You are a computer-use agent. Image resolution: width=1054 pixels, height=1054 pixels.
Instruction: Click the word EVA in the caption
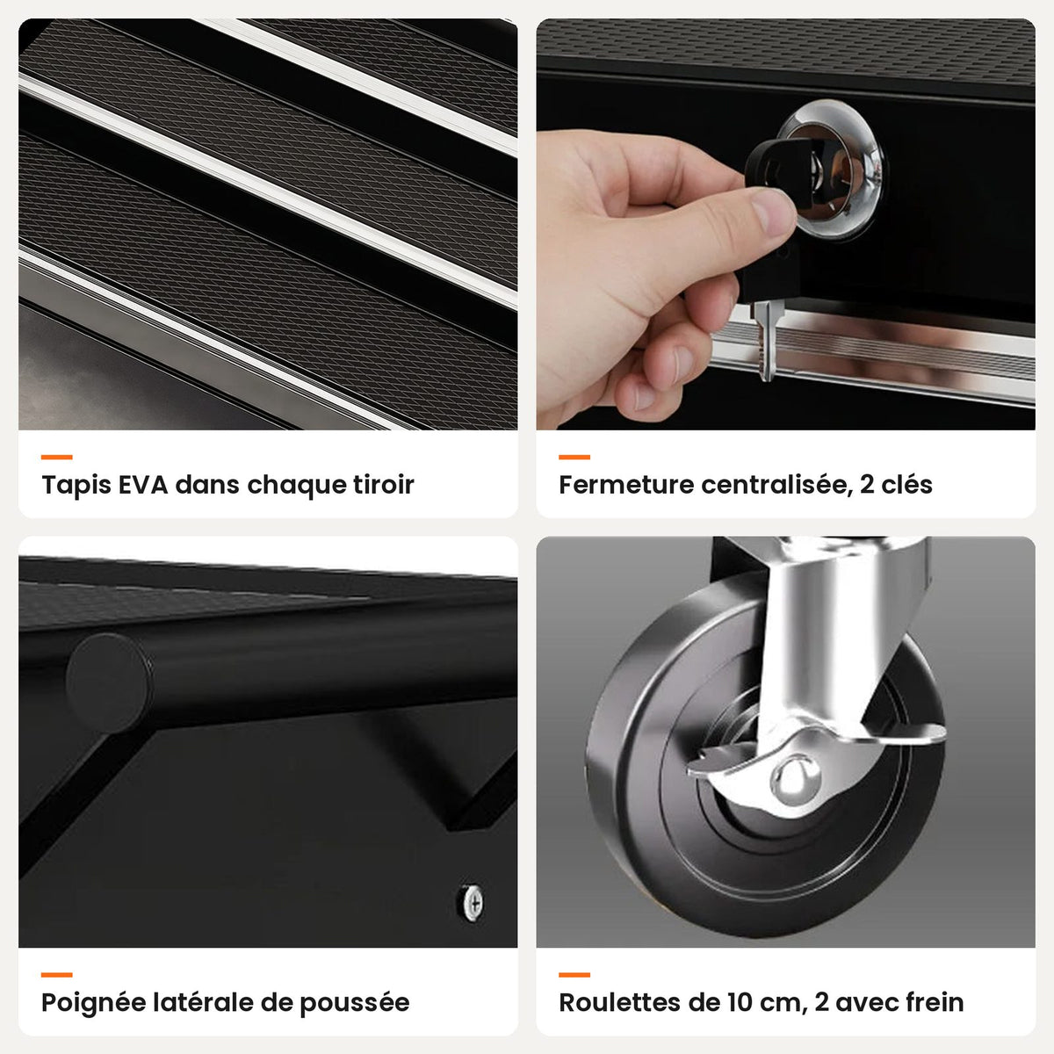tap(143, 485)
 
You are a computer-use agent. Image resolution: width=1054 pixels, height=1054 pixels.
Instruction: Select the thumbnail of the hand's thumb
tap(773, 211)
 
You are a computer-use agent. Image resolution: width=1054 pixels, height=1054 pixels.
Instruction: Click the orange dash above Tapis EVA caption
tap(57, 457)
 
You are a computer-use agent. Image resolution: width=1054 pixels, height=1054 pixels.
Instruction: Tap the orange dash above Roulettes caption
tap(574, 975)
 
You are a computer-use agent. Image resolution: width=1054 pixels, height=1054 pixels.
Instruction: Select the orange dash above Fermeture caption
tap(574, 457)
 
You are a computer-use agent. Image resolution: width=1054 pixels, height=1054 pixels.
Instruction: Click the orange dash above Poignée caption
tap(57, 975)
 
